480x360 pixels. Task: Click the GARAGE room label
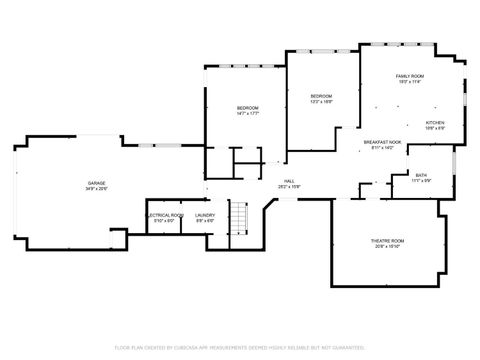tap(97, 183)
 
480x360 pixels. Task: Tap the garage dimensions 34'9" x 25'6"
tap(97, 189)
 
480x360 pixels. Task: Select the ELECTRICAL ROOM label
tap(164, 215)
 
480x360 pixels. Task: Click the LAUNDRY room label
tap(205, 215)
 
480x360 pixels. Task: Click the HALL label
tap(288, 181)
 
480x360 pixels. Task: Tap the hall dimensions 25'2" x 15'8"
tap(288, 187)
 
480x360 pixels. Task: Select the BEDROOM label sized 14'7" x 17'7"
tap(248, 107)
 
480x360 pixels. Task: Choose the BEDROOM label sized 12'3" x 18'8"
tap(320, 96)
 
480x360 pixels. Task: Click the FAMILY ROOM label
tap(410, 76)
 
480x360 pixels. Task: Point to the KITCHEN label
tap(435, 122)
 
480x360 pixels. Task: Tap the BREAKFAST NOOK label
tap(382, 141)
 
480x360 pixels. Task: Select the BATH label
tap(421, 174)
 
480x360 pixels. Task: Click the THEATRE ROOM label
tap(387, 240)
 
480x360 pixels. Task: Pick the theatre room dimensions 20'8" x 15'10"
tap(387, 246)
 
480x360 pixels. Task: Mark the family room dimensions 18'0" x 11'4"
tap(410, 82)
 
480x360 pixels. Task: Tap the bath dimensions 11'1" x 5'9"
tap(421, 180)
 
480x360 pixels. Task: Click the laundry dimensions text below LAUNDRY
tap(205, 221)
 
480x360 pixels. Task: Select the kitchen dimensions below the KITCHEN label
tap(435, 128)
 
